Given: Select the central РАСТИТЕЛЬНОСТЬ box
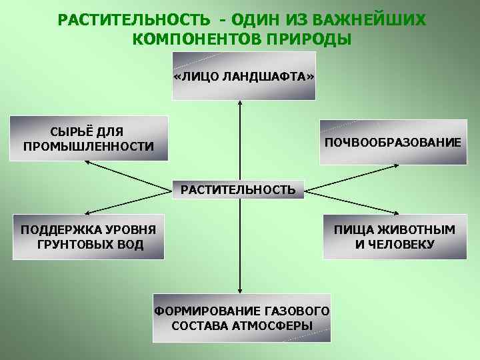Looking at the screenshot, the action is pos(238,190).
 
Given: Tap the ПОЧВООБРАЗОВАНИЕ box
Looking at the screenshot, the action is pos(393,143).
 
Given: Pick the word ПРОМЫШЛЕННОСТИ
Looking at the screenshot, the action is pos(89,146).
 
